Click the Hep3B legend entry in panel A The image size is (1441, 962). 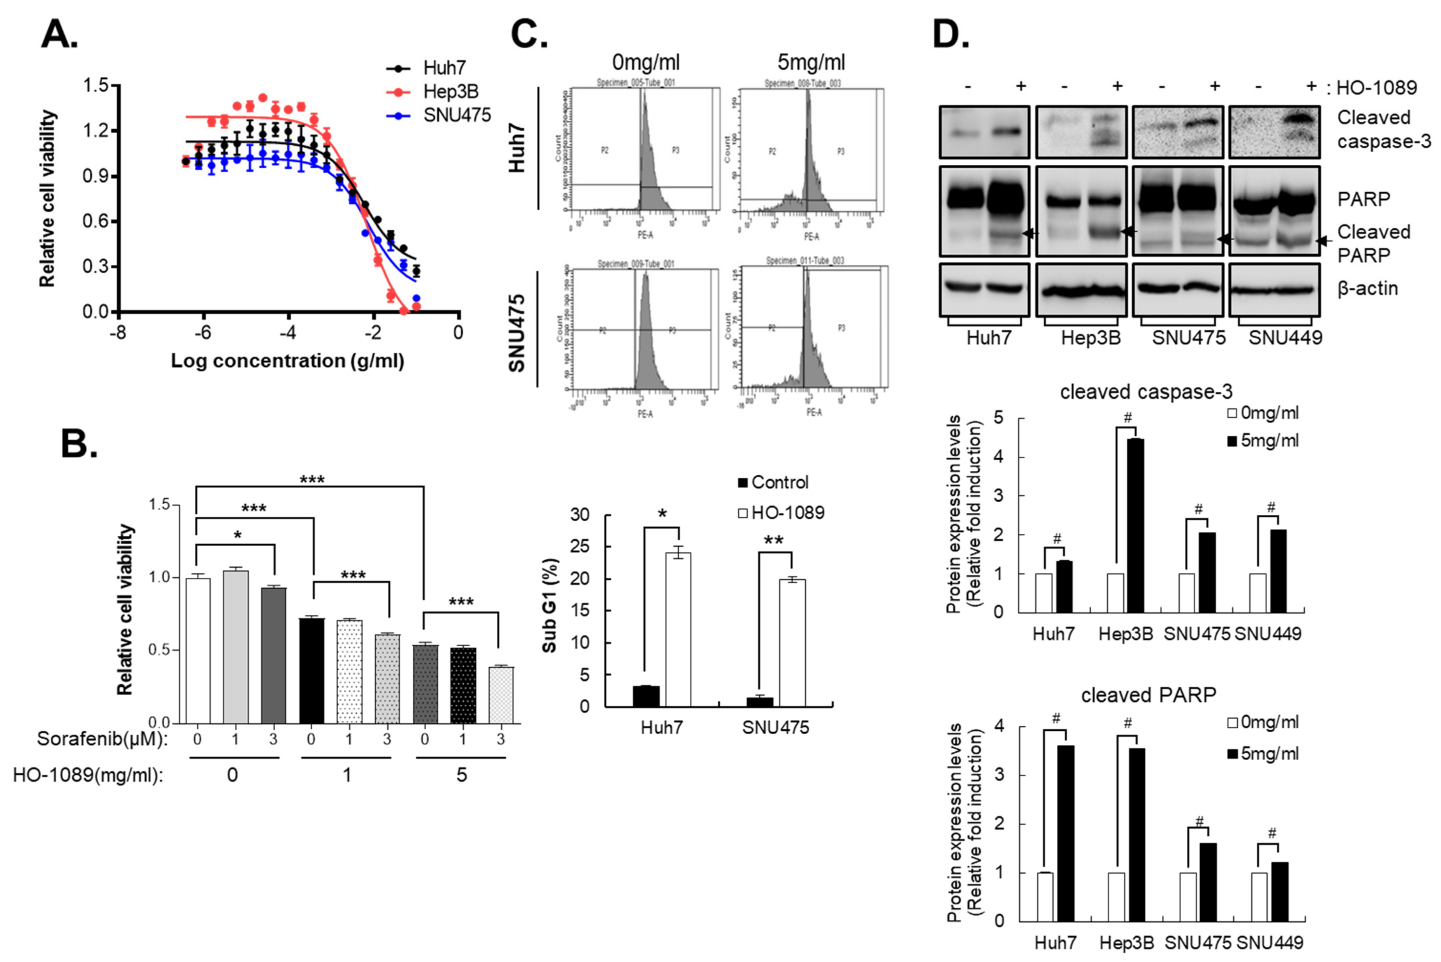(x=450, y=91)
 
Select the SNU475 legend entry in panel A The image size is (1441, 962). (x=456, y=115)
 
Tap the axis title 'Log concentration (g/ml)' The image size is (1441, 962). (x=287, y=361)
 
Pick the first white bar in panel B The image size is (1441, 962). (x=198, y=650)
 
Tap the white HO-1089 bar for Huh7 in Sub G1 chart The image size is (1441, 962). (x=678, y=629)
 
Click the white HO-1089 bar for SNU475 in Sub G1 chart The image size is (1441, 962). (x=792, y=642)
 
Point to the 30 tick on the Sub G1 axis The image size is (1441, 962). (x=580, y=515)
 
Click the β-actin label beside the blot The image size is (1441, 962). (x=1367, y=288)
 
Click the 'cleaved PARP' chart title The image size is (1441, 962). (x=1148, y=695)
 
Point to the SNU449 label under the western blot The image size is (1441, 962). (x=1285, y=338)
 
